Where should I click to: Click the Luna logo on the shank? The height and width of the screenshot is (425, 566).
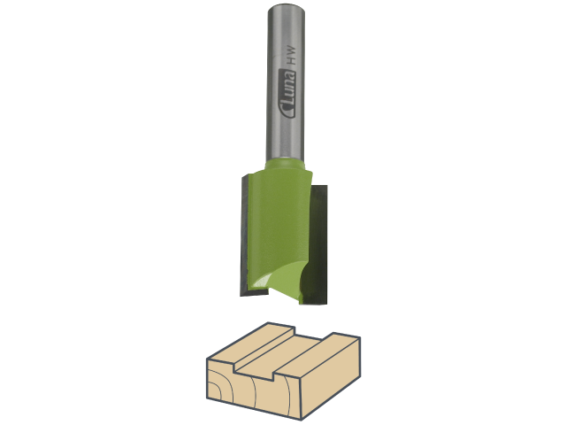[x=287, y=94]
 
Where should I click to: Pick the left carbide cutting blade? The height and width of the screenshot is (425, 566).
[x=244, y=235]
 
